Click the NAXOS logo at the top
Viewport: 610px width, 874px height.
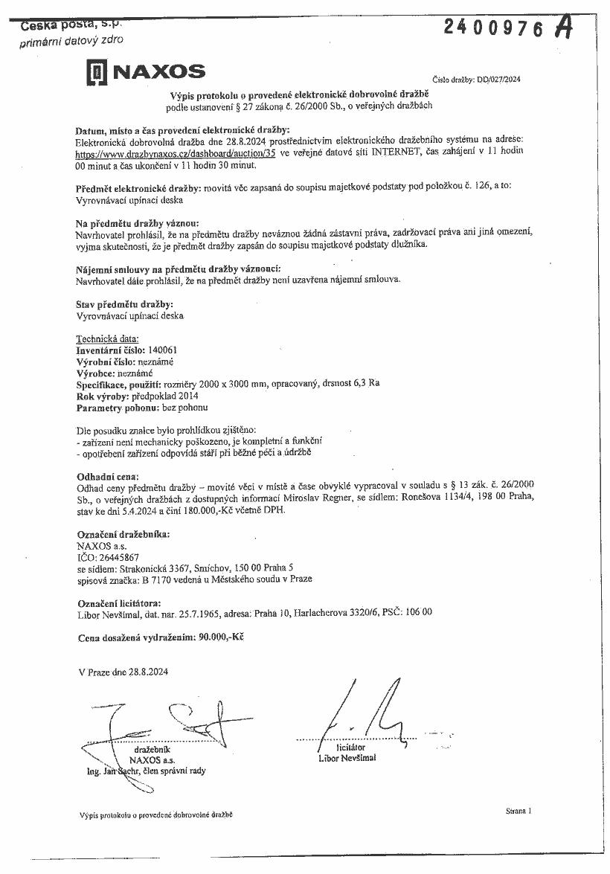[x=145, y=72]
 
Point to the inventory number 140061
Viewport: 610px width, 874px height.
[x=163, y=350]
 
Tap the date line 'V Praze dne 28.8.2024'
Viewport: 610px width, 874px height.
[x=123, y=672]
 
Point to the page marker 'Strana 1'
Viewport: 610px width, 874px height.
[x=517, y=811]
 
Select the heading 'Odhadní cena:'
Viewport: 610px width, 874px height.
[x=108, y=475]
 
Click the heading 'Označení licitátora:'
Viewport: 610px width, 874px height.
[x=118, y=602]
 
